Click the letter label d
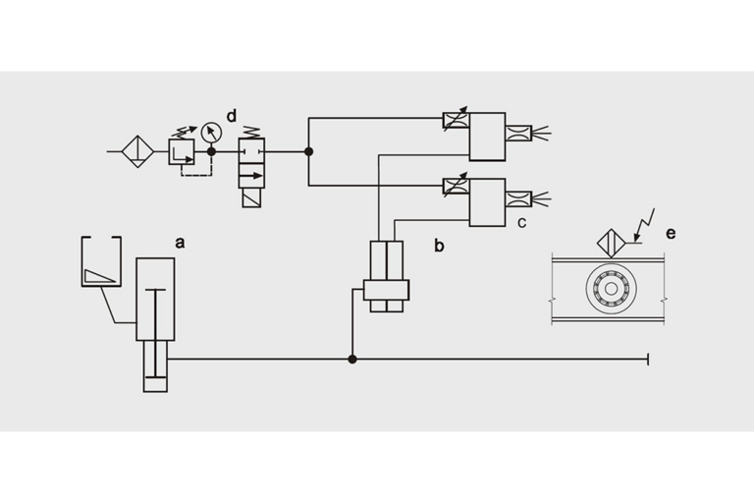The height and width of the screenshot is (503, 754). (x=232, y=116)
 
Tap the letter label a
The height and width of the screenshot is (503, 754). (x=180, y=243)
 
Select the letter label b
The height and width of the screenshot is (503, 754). (x=439, y=246)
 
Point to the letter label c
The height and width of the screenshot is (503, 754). (x=521, y=222)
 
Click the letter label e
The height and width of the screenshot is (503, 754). (x=671, y=234)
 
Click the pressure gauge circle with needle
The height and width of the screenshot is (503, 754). (x=211, y=133)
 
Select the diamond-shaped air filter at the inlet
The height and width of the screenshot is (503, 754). (x=137, y=151)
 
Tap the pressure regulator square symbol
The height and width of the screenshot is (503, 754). (x=182, y=151)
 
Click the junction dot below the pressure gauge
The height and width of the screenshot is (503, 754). (x=211, y=151)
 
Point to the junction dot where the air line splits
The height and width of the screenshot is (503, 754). (x=308, y=151)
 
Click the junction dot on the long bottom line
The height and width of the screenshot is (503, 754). (x=352, y=360)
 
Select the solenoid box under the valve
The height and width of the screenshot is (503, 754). (x=251, y=197)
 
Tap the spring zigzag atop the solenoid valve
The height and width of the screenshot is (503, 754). (x=251, y=132)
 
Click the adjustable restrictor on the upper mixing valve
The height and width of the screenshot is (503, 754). (x=456, y=120)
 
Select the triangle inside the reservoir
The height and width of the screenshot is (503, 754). (x=99, y=276)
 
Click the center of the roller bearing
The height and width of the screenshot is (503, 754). (x=612, y=288)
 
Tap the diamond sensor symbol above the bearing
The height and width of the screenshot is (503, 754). (x=612, y=243)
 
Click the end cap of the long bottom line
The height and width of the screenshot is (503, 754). (x=648, y=360)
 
